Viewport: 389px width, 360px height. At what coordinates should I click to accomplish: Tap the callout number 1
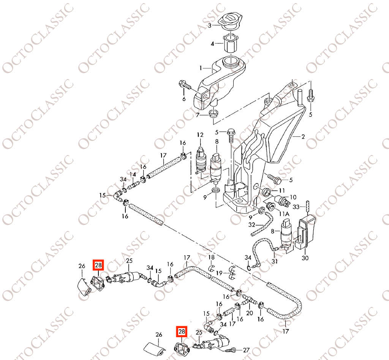(201, 68)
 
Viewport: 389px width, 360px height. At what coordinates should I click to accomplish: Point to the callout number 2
(303, 136)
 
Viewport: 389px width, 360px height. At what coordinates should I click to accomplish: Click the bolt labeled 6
(184, 84)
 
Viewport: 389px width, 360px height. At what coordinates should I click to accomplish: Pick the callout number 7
(198, 115)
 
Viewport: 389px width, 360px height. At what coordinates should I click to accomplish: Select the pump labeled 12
(200, 159)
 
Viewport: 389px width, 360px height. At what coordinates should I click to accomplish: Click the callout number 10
(293, 197)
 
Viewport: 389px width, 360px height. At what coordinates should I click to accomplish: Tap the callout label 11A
(285, 214)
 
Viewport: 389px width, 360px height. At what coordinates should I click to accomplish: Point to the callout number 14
(133, 174)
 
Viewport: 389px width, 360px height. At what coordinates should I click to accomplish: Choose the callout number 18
(211, 258)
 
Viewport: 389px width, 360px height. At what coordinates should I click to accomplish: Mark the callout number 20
(249, 313)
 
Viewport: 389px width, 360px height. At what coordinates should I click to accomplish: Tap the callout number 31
(274, 261)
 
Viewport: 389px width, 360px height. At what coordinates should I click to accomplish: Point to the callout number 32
(252, 224)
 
